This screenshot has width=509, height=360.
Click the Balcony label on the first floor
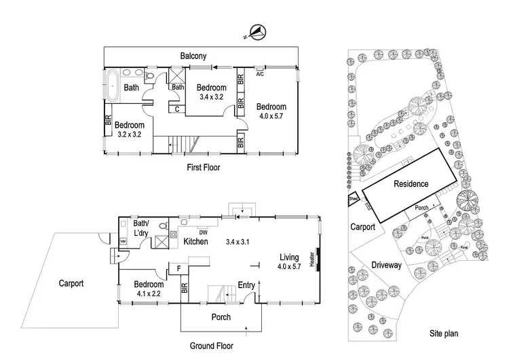[193, 56]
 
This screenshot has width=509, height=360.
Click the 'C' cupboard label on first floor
[176, 109]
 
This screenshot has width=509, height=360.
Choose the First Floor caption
[203, 166]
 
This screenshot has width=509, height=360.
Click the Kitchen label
[195, 242]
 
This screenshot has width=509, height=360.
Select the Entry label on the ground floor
[246, 285]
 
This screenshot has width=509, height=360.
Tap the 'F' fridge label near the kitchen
[178, 269]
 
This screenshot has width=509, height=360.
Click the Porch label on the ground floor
[221, 317]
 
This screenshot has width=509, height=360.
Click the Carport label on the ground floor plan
[71, 283]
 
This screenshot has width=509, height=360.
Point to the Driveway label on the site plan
[388, 265]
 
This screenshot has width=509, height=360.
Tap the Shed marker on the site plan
[354, 200]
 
